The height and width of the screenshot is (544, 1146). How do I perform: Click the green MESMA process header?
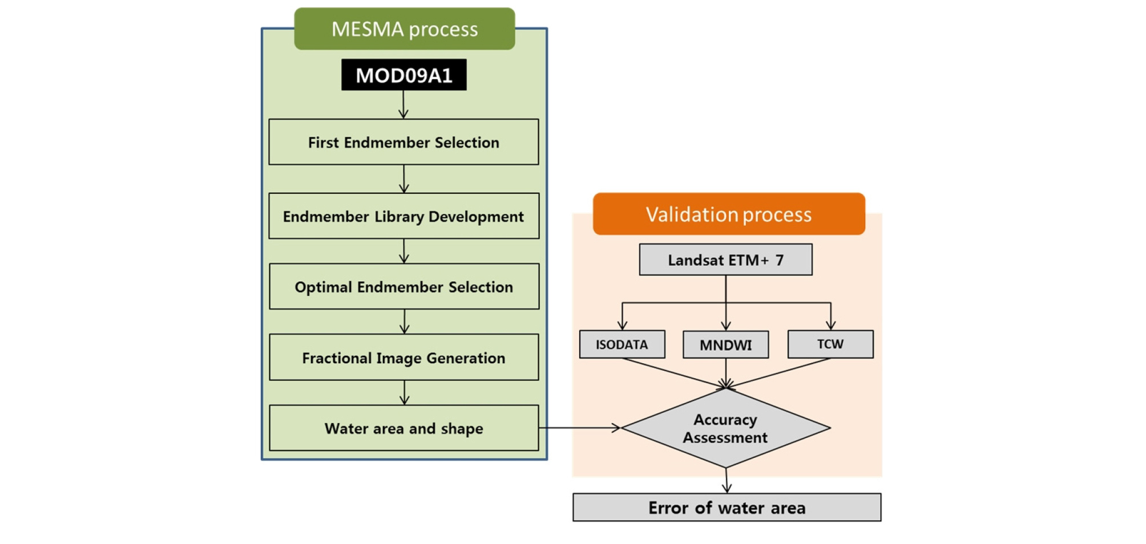404,29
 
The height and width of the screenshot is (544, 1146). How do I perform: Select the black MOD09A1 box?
403,75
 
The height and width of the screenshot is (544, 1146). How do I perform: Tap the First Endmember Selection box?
403,142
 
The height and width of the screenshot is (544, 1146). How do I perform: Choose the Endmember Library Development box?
403,216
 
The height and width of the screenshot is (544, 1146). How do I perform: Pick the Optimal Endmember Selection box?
403,287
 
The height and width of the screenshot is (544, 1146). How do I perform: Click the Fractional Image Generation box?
403,358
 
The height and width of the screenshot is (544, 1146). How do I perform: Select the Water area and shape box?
403,428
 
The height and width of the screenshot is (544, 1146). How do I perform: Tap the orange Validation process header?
728,214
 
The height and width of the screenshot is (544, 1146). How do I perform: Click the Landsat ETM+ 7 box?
725,260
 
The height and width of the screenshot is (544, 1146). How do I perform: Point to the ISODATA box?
622,344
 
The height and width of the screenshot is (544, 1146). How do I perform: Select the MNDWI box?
725,345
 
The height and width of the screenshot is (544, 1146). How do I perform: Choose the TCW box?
830,344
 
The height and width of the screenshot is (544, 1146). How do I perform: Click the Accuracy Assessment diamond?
725,428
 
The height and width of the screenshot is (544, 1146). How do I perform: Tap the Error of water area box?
727,508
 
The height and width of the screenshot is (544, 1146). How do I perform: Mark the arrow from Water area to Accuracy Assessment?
579,428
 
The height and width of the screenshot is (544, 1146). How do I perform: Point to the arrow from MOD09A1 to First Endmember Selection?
403,104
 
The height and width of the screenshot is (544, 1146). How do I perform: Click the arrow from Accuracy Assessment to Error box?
727,480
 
